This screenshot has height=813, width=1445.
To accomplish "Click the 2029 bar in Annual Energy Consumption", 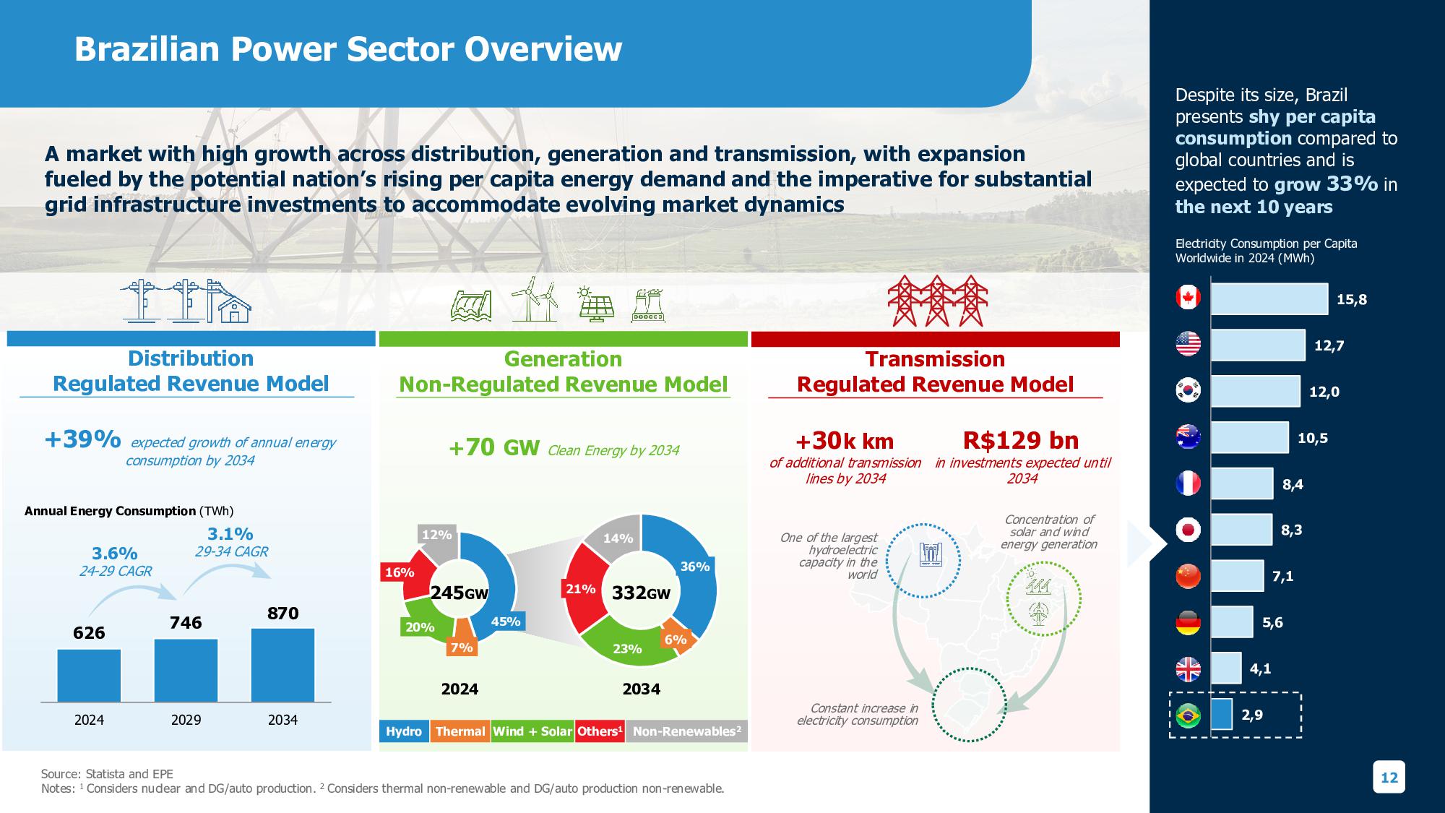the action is tap(186, 670).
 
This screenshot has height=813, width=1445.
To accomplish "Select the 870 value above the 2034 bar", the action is tap(282, 614).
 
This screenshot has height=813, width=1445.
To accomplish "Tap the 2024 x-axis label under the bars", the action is tap(89, 720).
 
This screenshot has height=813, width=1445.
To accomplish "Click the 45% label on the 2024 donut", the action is tap(506, 621).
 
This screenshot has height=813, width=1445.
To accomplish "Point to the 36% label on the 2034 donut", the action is tap(695, 567).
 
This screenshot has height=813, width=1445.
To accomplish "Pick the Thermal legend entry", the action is tap(460, 731).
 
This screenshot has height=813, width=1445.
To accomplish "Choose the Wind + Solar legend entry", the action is tap(532, 731).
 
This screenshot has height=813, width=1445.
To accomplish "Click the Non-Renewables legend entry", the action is tap(686, 731).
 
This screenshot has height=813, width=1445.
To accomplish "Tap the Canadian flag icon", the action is tap(1188, 298).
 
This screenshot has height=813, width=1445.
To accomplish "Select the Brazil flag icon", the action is tap(1188, 715).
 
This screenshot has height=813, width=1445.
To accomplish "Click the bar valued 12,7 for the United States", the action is tap(1258, 345).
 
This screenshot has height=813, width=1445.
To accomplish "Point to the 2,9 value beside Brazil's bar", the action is tap(1252, 715).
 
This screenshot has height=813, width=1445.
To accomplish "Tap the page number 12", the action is tap(1389, 778).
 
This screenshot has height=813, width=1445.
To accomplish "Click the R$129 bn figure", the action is tap(1021, 440).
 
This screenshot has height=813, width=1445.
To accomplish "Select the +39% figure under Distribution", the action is tap(82, 439).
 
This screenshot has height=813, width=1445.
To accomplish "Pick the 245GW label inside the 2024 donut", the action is tap(460, 593).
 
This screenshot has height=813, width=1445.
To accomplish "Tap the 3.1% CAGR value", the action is tap(230, 534).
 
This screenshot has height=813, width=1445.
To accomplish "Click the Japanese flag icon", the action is tap(1188, 530).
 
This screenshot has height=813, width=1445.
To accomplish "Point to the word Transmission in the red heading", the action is tap(935, 359).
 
